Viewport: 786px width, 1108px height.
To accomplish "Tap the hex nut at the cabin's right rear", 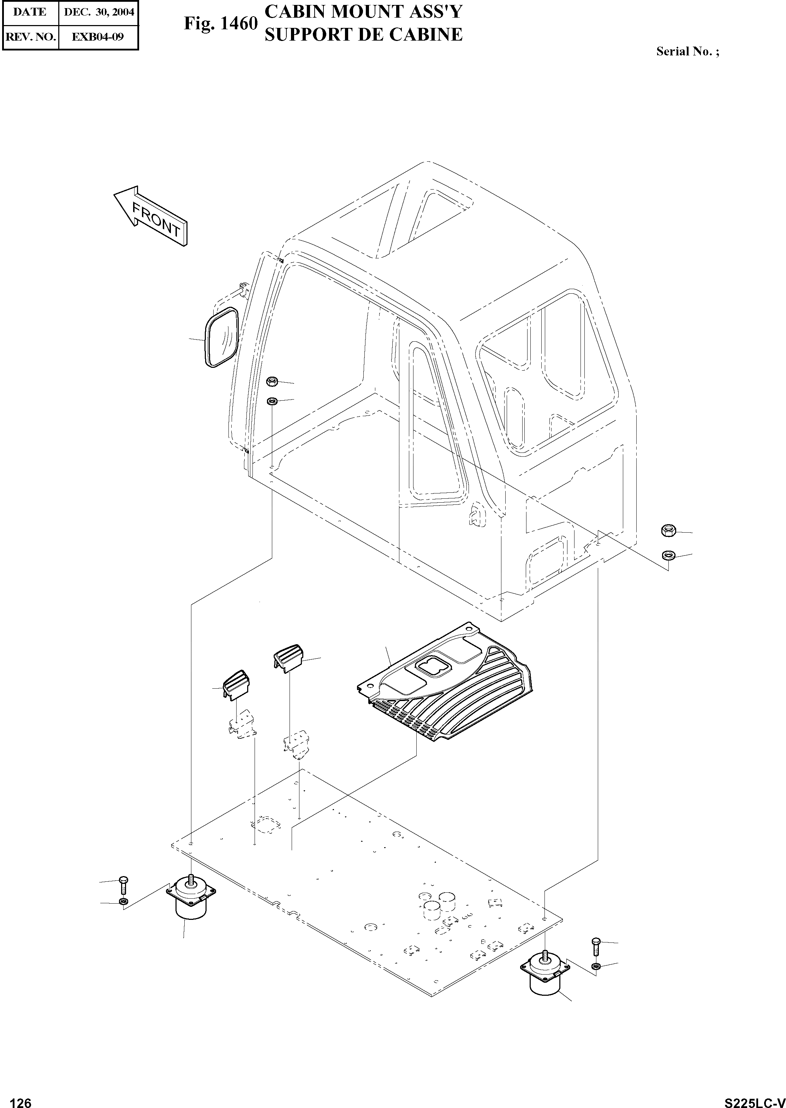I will coord(668,530).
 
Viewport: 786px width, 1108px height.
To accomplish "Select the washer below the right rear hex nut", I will coord(668,555).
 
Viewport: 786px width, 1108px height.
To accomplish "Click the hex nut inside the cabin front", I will coord(272,382).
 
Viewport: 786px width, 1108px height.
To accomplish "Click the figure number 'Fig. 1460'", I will coord(220,24).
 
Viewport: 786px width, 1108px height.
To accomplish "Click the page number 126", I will coord(21,1099).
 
